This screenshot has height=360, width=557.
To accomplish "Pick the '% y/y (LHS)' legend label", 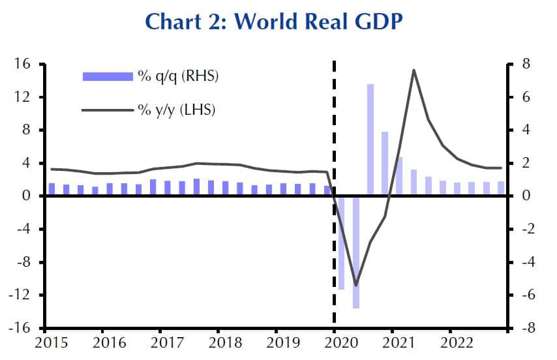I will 176,110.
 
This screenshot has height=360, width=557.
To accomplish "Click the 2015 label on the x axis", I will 46,344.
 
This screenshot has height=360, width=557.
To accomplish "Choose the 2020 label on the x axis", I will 335,344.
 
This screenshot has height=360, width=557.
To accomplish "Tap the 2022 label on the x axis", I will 450,344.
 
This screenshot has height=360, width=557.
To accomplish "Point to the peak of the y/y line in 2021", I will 414,70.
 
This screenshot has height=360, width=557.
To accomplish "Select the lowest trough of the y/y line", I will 355,285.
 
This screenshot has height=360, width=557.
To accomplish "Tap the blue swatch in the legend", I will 107,76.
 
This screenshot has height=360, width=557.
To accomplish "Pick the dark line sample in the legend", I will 107,110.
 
